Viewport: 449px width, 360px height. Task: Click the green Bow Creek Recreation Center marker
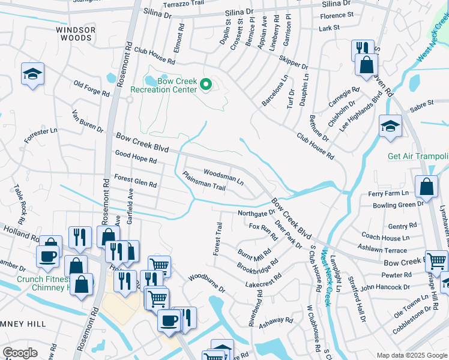point(206,85)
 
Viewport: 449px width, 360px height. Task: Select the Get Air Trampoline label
point(418,157)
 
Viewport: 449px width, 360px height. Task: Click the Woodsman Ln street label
point(223,176)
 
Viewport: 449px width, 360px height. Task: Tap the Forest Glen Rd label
point(136,181)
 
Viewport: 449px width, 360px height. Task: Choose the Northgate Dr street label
point(256,212)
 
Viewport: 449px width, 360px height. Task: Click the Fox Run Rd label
point(263,231)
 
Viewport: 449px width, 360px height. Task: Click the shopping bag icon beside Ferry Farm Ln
point(426,187)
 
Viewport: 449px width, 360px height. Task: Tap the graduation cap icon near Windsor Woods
point(31,74)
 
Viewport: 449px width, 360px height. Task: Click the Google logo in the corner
point(20,353)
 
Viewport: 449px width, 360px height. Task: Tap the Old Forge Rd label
point(91,89)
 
